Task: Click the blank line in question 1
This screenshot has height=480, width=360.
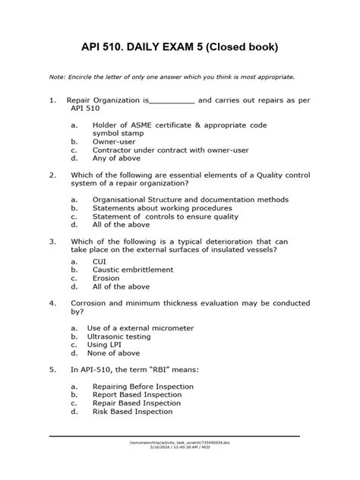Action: click(x=172, y=100)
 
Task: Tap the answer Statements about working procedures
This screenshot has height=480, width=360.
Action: click(x=163, y=208)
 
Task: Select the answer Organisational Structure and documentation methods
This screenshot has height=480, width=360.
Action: click(x=191, y=200)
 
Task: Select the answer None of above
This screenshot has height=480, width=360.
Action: click(x=116, y=353)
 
